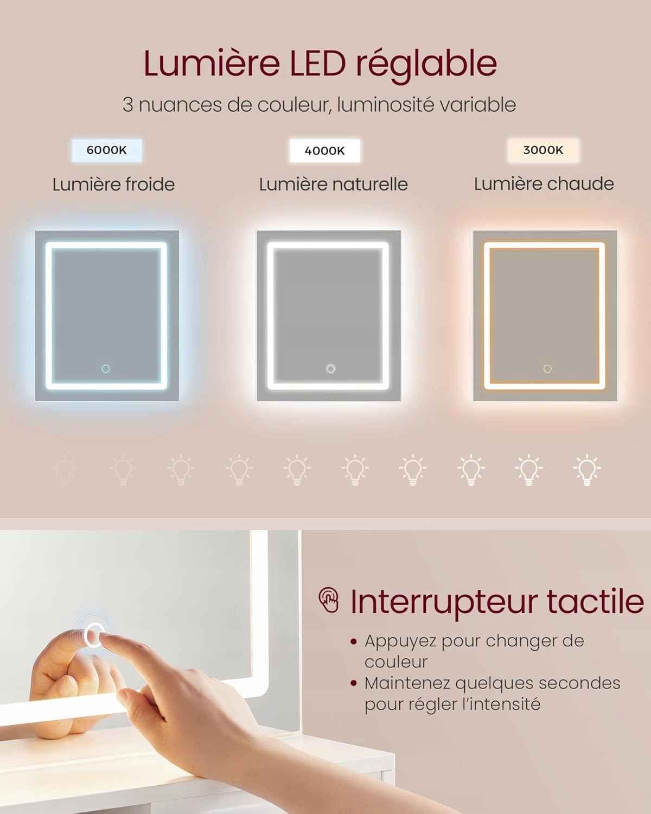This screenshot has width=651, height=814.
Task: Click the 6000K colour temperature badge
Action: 107,150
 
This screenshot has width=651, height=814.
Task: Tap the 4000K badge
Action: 325,151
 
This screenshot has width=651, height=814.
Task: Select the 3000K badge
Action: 543,150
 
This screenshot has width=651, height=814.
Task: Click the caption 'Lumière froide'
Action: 113,185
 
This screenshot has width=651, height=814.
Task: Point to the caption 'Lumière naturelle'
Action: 334,185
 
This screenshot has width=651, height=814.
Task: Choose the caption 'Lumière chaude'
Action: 544,184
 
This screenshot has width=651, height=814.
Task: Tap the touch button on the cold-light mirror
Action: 106,368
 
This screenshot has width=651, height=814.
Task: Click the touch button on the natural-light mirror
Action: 330,368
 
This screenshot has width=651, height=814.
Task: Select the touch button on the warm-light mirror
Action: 547,368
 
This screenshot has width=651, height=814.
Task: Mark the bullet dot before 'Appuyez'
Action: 354,641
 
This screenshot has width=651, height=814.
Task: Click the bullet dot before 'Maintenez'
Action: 354,684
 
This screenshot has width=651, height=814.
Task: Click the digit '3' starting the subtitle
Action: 128,105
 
